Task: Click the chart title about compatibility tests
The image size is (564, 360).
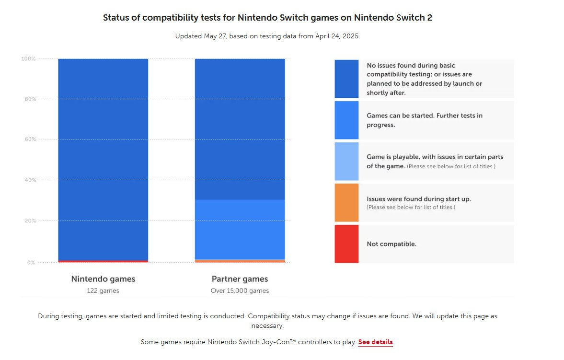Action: (268, 18)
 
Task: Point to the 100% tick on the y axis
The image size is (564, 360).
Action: (28, 58)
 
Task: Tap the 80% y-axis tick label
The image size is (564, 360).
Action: (29, 99)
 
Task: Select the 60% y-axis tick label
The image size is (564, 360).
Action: (29, 139)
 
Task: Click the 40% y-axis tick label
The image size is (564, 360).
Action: (29, 180)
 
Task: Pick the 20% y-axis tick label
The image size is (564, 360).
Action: (29, 221)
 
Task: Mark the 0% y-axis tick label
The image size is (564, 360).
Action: (31, 263)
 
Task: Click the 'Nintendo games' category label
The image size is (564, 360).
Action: (103, 279)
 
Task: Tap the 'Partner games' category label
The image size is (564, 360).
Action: (240, 279)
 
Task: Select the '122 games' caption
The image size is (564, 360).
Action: (103, 290)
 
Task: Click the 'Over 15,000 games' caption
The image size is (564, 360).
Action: (240, 290)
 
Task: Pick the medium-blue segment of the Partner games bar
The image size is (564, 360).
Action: (240, 229)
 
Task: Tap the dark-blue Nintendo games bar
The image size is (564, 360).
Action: (103, 158)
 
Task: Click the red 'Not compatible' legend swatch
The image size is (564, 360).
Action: (346, 244)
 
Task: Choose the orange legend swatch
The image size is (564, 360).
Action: (346, 202)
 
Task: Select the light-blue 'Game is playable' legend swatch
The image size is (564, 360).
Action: (346, 161)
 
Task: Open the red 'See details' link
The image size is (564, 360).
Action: (376, 342)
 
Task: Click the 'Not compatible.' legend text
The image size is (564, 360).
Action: (391, 244)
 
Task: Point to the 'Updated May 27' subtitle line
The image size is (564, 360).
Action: (267, 36)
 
